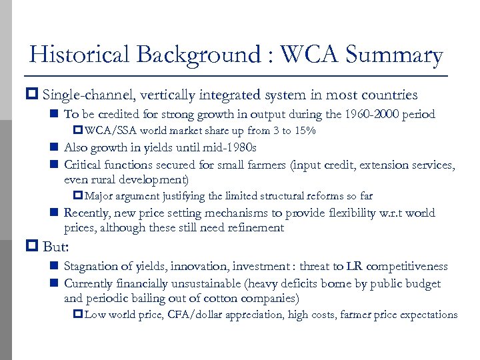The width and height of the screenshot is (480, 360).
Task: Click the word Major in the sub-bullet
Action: (x=99, y=196)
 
